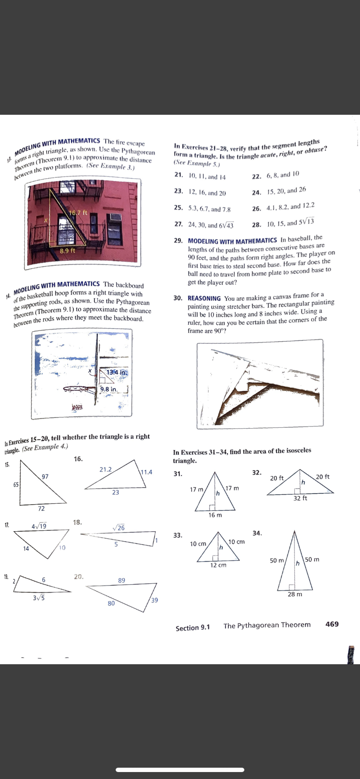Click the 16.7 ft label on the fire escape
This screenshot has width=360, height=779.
coord(79,213)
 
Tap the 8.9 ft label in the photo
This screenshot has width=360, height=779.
coord(67,251)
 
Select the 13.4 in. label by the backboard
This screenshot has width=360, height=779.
coord(117,373)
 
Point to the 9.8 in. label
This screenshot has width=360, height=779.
coord(109,389)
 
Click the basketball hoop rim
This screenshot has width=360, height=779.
coord(79,388)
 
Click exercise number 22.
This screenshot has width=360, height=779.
coord(257,176)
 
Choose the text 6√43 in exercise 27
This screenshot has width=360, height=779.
coord(226,225)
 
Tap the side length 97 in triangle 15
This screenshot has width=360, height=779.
coord(45,476)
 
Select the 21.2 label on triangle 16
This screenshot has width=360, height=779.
coord(105,469)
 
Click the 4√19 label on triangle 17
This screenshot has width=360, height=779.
coord(39,526)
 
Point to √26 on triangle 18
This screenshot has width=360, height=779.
coord(118,528)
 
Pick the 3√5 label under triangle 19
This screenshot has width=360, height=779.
coord(38,597)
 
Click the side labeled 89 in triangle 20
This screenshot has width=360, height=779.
coord(122,580)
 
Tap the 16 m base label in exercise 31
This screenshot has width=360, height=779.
coord(215,515)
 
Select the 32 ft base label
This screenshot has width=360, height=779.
coord(300,498)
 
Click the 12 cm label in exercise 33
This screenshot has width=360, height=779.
coord(218,565)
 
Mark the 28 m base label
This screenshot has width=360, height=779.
coord(295,594)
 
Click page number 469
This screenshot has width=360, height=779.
coord(332,624)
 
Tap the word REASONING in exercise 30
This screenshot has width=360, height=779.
coord(204,298)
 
